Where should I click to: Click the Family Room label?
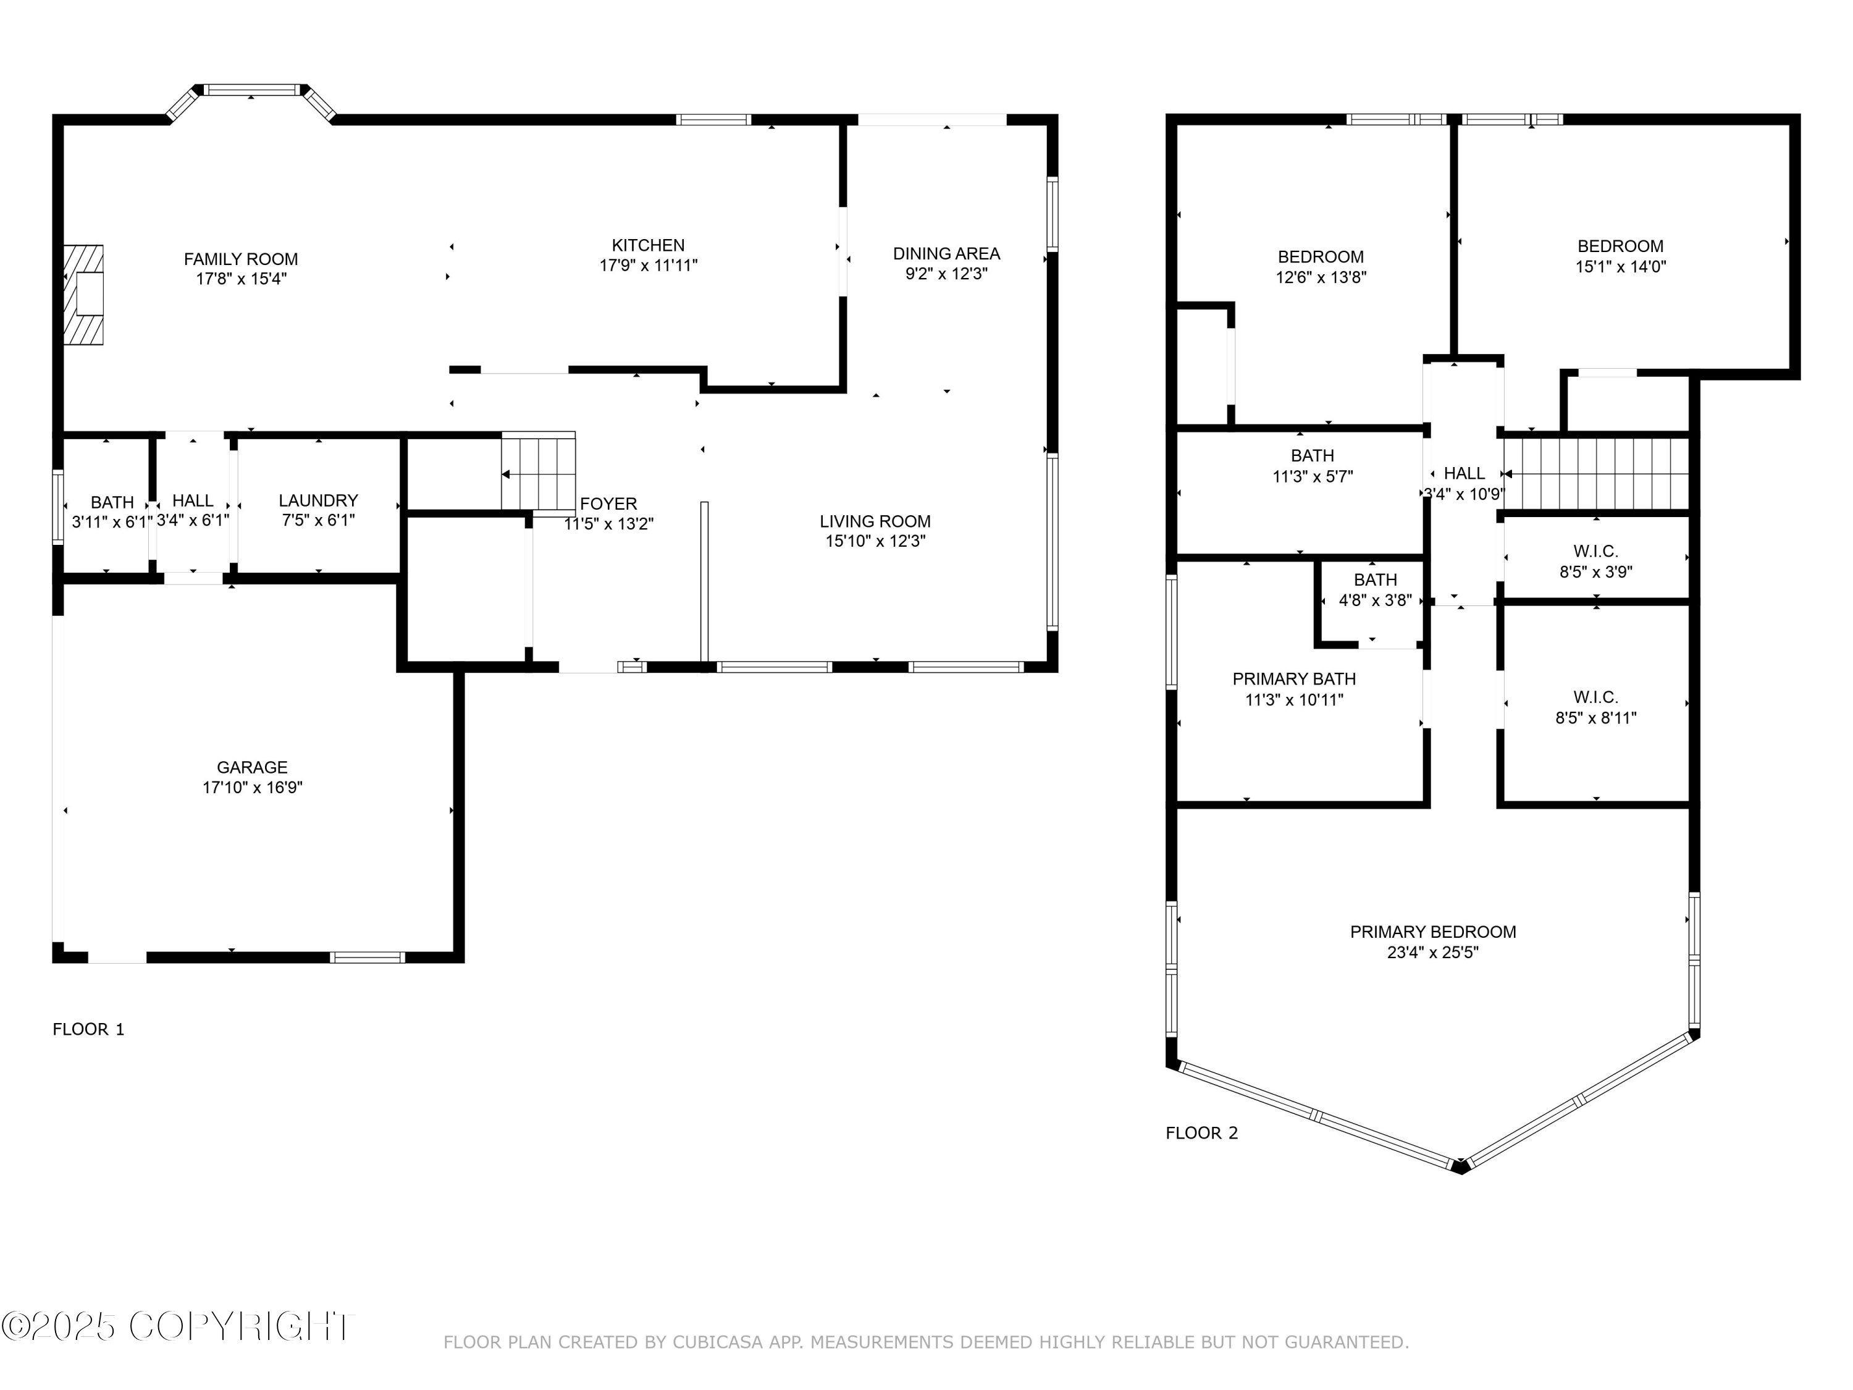point(242,259)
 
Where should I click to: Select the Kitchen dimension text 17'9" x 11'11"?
point(649,266)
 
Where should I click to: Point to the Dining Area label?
point(947,253)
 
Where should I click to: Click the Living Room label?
point(875,521)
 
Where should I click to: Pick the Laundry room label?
point(318,500)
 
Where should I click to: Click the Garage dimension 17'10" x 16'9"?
point(252,788)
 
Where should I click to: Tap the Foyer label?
point(609,503)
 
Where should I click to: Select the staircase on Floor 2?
point(1596,474)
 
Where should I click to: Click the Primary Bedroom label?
point(1434,932)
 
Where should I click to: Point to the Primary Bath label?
point(1294,679)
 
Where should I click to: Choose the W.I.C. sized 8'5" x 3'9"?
point(1596,562)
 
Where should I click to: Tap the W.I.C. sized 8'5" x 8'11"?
point(1596,707)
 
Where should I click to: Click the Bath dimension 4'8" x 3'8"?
point(1376,600)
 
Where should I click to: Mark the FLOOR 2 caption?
point(1201,1134)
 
